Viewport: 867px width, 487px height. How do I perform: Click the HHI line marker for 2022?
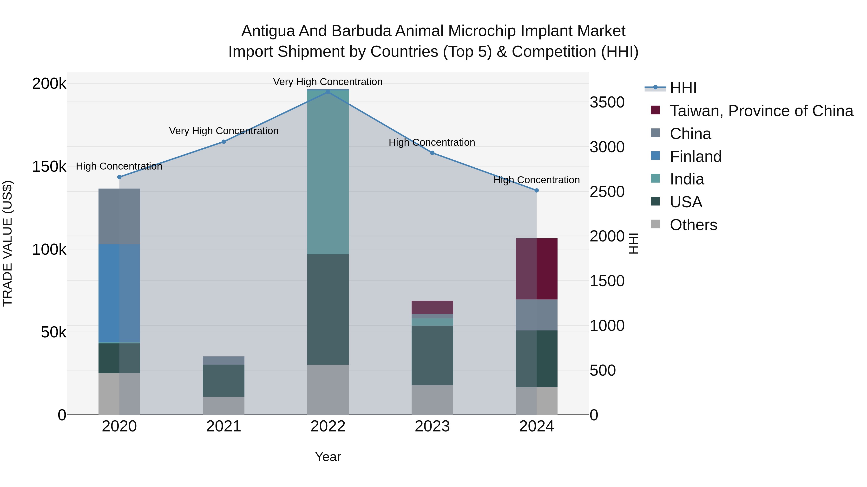[328, 92]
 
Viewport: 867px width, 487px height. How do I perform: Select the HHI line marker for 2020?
[119, 177]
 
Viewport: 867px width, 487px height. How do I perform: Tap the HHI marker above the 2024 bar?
[537, 190]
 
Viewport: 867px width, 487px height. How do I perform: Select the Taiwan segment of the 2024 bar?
[537, 269]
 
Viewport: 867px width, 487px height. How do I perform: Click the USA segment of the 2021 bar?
[223, 380]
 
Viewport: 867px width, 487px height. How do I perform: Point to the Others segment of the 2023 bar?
[432, 400]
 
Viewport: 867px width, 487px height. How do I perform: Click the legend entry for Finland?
[695, 157]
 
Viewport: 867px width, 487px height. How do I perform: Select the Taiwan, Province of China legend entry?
[761, 111]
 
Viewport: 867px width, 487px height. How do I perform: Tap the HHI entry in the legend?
[683, 88]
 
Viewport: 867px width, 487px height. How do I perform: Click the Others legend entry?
[693, 225]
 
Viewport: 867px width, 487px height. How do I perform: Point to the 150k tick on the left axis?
[49, 167]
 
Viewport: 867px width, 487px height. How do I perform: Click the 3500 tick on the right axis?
[607, 102]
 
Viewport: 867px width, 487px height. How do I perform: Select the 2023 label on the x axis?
[432, 426]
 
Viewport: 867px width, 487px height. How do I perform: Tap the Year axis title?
[328, 457]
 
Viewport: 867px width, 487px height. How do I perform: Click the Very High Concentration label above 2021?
[223, 131]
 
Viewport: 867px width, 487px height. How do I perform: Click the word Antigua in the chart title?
[268, 31]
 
